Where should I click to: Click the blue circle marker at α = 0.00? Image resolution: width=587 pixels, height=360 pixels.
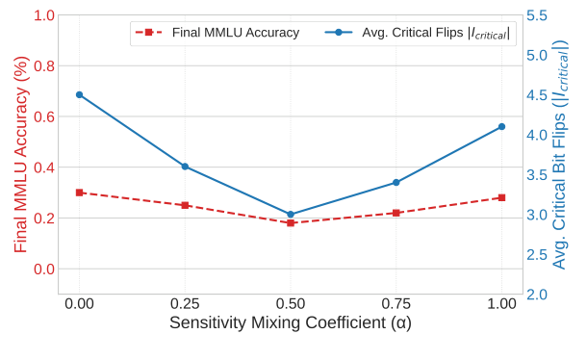pos(79,94)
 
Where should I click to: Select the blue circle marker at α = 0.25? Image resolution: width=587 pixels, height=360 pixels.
pos(185,167)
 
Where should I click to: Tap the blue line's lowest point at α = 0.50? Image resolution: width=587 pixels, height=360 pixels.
pos(291,215)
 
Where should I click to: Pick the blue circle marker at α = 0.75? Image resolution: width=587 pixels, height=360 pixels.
pos(396,183)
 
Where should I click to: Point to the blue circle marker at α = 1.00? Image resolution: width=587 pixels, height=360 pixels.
pos(501,127)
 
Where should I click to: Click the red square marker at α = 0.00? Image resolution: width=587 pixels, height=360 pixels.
pos(79,193)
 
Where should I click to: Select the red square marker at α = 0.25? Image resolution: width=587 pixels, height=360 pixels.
pos(185,205)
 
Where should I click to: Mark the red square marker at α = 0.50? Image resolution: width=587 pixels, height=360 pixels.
pos(291,223)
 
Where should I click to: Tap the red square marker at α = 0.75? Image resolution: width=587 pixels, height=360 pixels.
pos(396,213)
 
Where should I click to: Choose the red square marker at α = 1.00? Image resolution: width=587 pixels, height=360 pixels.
pos(501,197)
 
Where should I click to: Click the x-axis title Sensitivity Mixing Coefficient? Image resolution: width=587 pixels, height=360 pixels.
pos(290,323)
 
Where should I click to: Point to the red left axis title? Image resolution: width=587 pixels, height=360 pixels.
pos(18,154)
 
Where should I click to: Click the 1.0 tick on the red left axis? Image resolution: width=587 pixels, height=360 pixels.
pos(43,16)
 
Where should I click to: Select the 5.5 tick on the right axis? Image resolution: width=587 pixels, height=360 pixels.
pos(538,16)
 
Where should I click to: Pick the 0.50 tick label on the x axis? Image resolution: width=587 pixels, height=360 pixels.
pos(291,302)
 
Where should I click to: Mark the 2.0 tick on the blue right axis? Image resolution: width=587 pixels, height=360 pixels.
pos(538,295)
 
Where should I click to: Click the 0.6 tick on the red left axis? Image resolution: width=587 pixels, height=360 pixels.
pos(43,117)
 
